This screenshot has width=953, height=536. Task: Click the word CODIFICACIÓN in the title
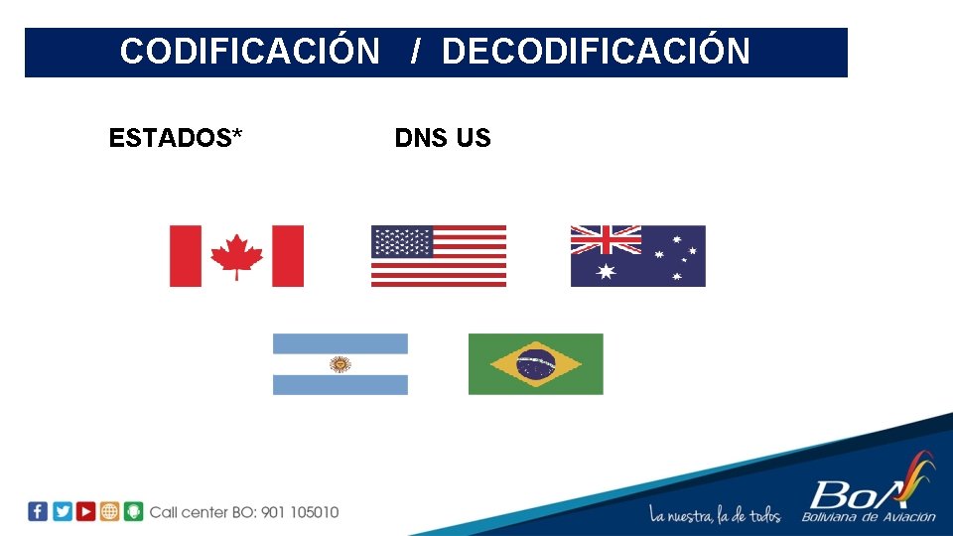249,51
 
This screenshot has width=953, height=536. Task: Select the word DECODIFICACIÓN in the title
596,51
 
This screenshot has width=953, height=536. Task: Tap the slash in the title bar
417,51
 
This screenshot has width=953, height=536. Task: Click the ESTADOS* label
176,138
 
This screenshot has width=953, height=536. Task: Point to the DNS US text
443,138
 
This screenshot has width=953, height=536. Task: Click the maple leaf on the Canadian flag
236,255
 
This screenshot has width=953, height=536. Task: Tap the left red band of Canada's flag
185,256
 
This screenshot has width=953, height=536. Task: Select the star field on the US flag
402,241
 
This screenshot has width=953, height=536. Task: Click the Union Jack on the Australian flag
606,239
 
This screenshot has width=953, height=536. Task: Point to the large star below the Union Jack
606,271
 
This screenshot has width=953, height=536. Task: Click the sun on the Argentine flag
340,364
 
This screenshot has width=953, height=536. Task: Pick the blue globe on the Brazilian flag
536,364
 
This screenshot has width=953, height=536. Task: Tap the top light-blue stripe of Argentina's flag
340,343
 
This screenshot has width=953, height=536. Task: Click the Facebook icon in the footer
38,511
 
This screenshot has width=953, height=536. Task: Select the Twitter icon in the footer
62,511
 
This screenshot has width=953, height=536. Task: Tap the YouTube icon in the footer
85,511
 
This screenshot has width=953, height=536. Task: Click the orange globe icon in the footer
109,511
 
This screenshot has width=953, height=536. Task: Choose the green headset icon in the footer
133,511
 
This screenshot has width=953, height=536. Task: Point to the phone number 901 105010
300,512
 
